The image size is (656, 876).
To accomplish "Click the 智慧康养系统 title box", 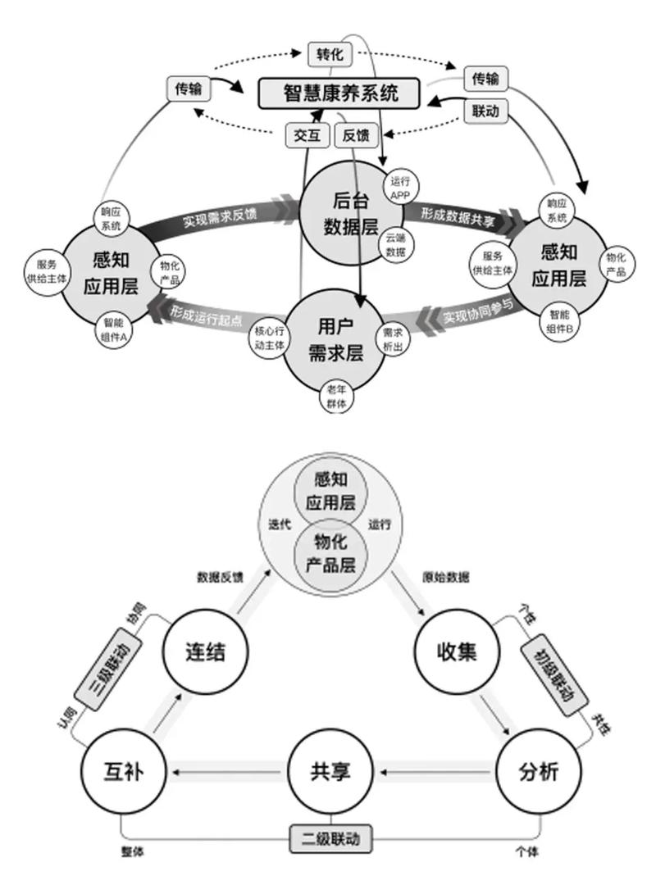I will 339,93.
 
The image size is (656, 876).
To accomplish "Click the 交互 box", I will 307,136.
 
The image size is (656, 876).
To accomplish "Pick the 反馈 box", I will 355,136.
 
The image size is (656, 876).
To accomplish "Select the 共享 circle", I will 330,772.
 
